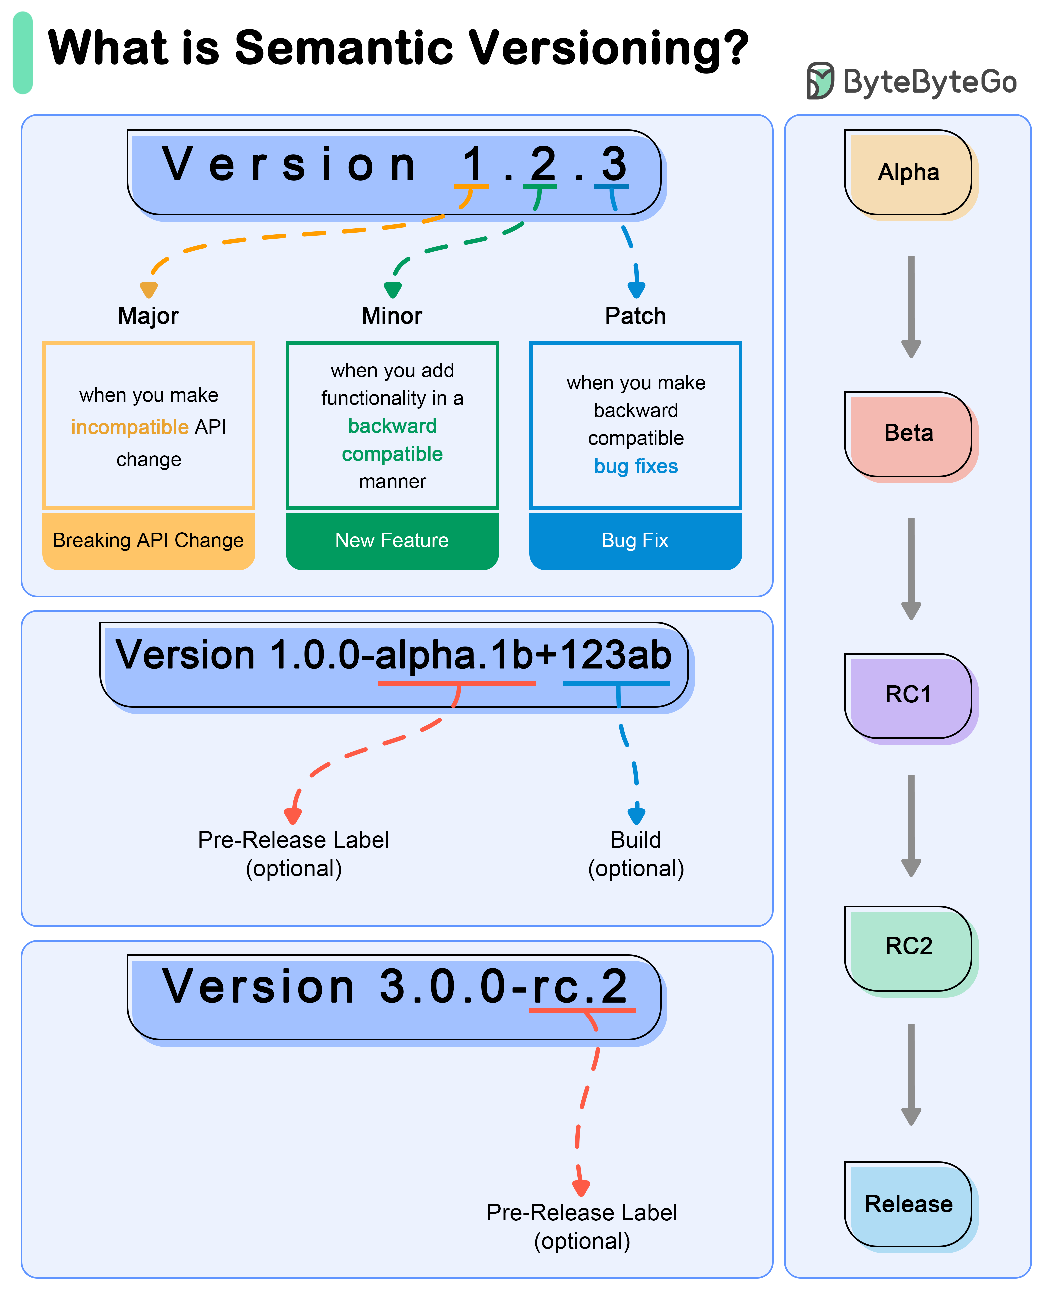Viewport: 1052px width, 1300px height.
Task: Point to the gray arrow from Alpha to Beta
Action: pos(911,306)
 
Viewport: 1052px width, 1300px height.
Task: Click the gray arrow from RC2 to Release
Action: pos(911,1073)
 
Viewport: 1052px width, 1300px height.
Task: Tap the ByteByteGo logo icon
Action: pos(820,81)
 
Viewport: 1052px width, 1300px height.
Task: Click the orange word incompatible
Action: pos(130,427)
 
